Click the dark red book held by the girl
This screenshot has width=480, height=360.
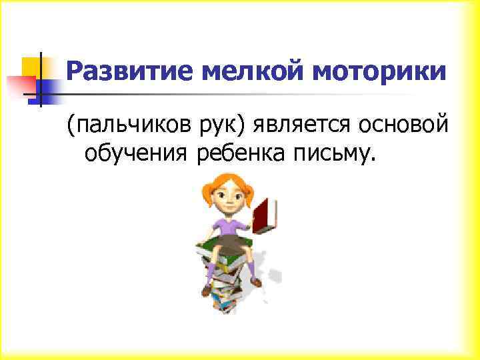coord(266,214)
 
